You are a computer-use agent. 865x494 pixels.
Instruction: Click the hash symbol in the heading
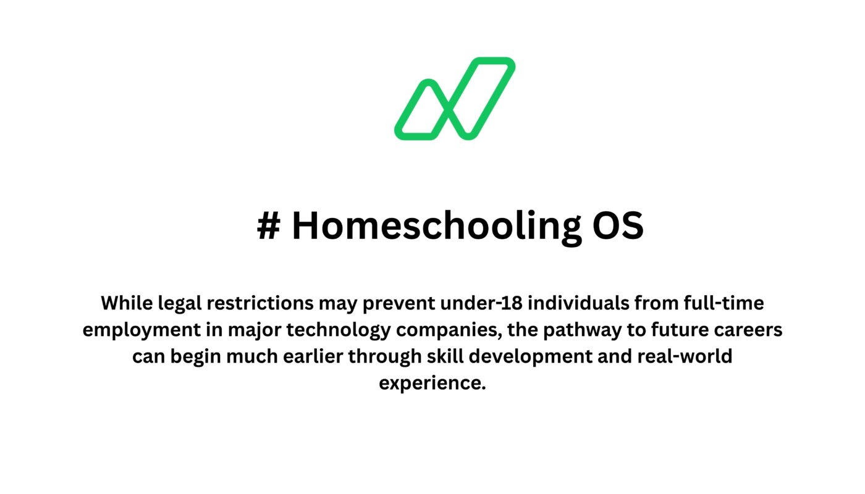coord(268,225)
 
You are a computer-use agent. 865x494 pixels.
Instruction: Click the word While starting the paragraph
coord(126,303)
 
